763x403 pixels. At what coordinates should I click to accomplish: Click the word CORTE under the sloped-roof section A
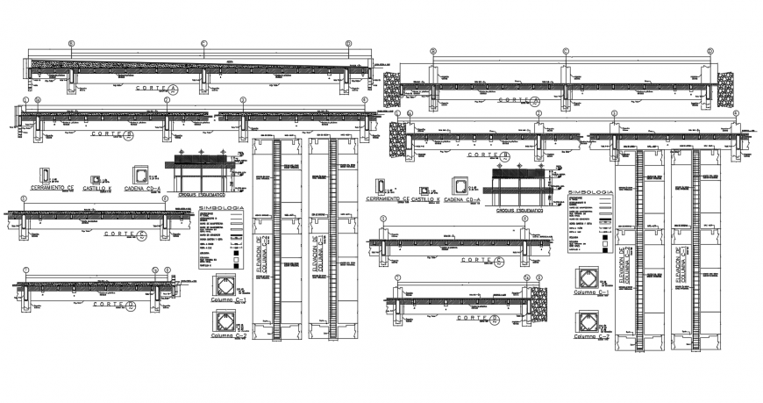[151, 90]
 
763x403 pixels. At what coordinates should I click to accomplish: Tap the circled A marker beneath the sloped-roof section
[174, 90]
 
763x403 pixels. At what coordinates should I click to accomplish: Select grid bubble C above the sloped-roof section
[203, 42]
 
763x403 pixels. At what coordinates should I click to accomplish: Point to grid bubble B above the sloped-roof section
[74, 42]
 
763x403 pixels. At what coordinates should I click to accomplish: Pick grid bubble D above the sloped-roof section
[348, 42]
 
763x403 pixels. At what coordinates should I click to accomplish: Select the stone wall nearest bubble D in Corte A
[726, 90]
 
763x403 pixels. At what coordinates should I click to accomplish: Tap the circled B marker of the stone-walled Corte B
[506, 155]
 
